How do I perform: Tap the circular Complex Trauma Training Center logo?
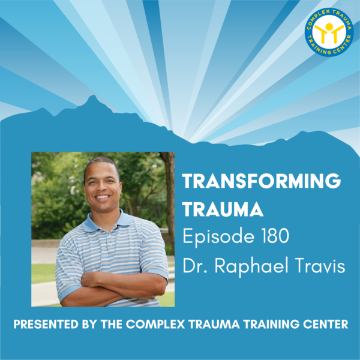329,32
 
